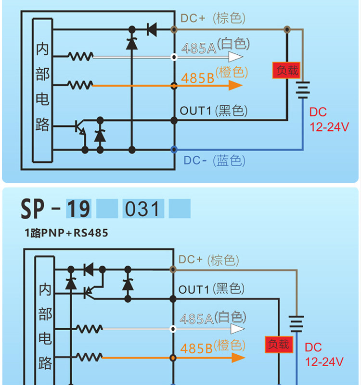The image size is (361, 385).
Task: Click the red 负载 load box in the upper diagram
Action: [286, 71]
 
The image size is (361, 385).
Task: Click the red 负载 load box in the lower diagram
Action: [279, 345]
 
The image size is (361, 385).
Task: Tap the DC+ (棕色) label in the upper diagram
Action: [213, 18]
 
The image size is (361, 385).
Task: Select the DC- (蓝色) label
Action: [215, 161]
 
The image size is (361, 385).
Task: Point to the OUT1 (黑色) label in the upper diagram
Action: [213, 111]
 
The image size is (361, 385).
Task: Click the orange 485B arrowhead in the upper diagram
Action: [235, 86]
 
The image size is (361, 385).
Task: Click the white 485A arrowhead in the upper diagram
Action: [235, 57]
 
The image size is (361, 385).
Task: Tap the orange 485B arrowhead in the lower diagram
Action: [238, 358]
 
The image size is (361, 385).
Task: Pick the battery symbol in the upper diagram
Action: [303, 90]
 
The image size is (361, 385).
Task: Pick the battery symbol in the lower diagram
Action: [297, 324]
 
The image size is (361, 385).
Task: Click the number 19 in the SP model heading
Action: [78, 209]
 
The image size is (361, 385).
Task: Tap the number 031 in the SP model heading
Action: [142, 209]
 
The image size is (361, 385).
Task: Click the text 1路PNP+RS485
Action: [66, 233]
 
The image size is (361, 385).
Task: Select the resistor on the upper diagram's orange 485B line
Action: [80, 85]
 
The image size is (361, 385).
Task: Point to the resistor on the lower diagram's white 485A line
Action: [89, 329]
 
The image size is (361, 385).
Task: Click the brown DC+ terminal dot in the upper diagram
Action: [174, 30]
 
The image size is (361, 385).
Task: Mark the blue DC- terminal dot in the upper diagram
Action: [174, 149]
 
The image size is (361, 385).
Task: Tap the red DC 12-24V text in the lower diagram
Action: [324, 355]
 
